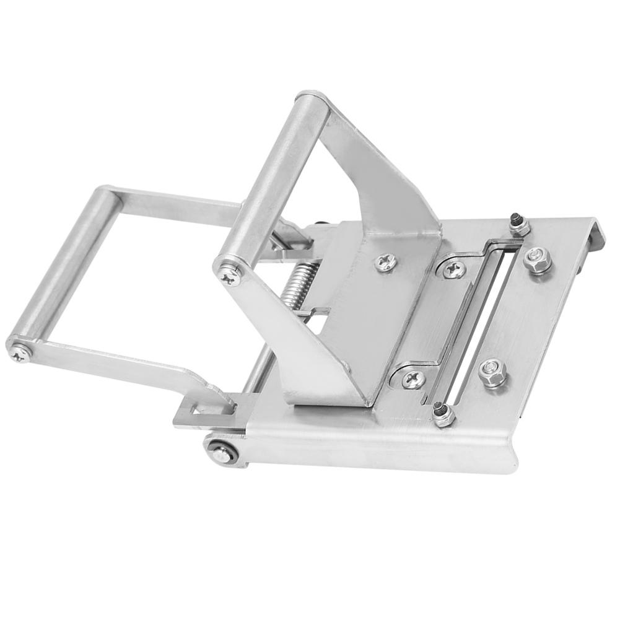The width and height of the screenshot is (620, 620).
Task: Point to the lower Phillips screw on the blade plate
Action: point(413,378)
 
